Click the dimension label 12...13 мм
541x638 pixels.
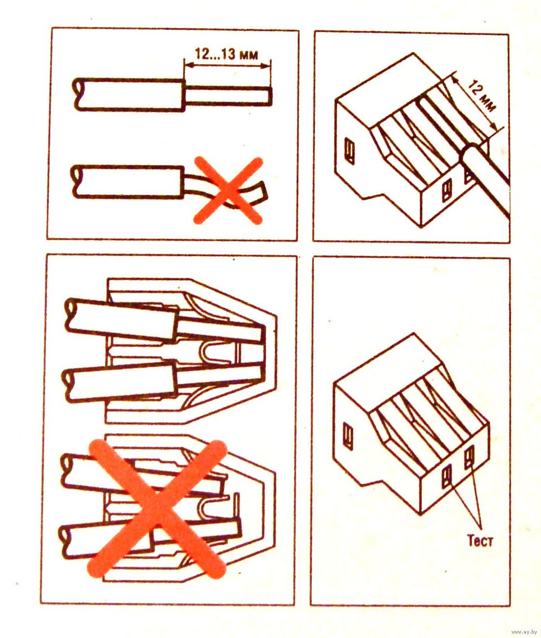226,54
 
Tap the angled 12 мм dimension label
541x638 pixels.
481,96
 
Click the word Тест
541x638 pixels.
479,541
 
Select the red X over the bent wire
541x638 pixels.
228,190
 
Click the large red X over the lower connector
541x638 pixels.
157,509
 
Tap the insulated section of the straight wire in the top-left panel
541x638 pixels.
129,94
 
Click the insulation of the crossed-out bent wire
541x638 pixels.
128,182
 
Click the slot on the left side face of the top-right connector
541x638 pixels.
349,151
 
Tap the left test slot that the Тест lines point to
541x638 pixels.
447,477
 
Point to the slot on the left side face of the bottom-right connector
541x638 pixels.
348,436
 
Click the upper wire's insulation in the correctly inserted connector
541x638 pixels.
122,319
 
